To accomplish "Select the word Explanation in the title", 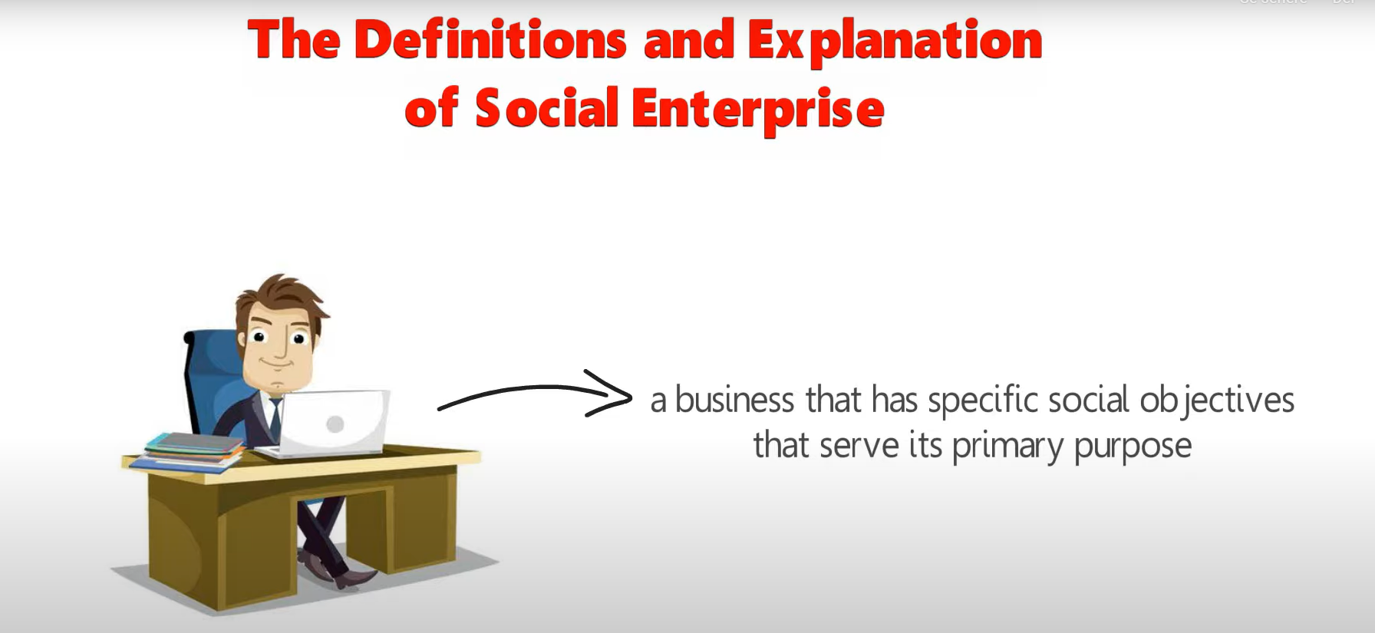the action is [x=895, y=41].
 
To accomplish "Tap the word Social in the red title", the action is [x=546, y=107].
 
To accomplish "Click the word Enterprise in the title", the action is [x=758, y=109].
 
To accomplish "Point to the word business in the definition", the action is [x=734, y=400].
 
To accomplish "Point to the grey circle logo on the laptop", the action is [x=335, y=424].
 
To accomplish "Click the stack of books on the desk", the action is [x=187, y=451].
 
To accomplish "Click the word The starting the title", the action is [x=294, y=39].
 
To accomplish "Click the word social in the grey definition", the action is [x=1088, y=400].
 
